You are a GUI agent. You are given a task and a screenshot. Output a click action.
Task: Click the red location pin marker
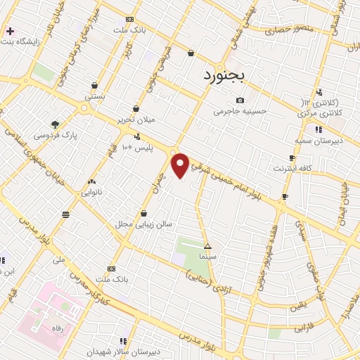(181, 165)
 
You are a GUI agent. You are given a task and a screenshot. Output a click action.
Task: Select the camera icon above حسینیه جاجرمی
(241, 101)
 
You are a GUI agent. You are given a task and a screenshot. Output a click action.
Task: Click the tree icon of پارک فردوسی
(55, 124)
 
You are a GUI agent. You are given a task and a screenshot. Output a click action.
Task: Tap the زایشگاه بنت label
(34, 32)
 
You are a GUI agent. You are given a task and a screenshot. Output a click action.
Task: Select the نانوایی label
(91, 191)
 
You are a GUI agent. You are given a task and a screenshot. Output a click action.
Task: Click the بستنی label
(94, 94)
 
